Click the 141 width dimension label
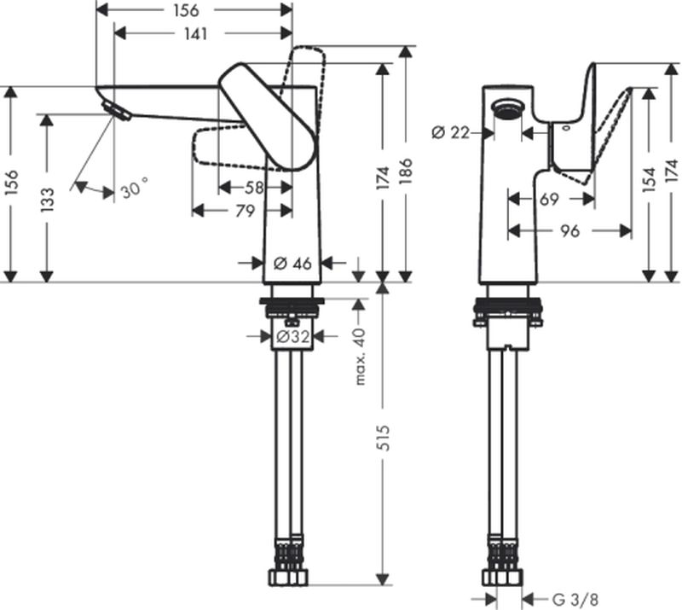[x=203, y=33]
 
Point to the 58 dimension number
[x=255, y=187]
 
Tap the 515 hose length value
[x=383, y=441]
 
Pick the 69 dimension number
[x=550, y=199]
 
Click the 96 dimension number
[x=569, y=229]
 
